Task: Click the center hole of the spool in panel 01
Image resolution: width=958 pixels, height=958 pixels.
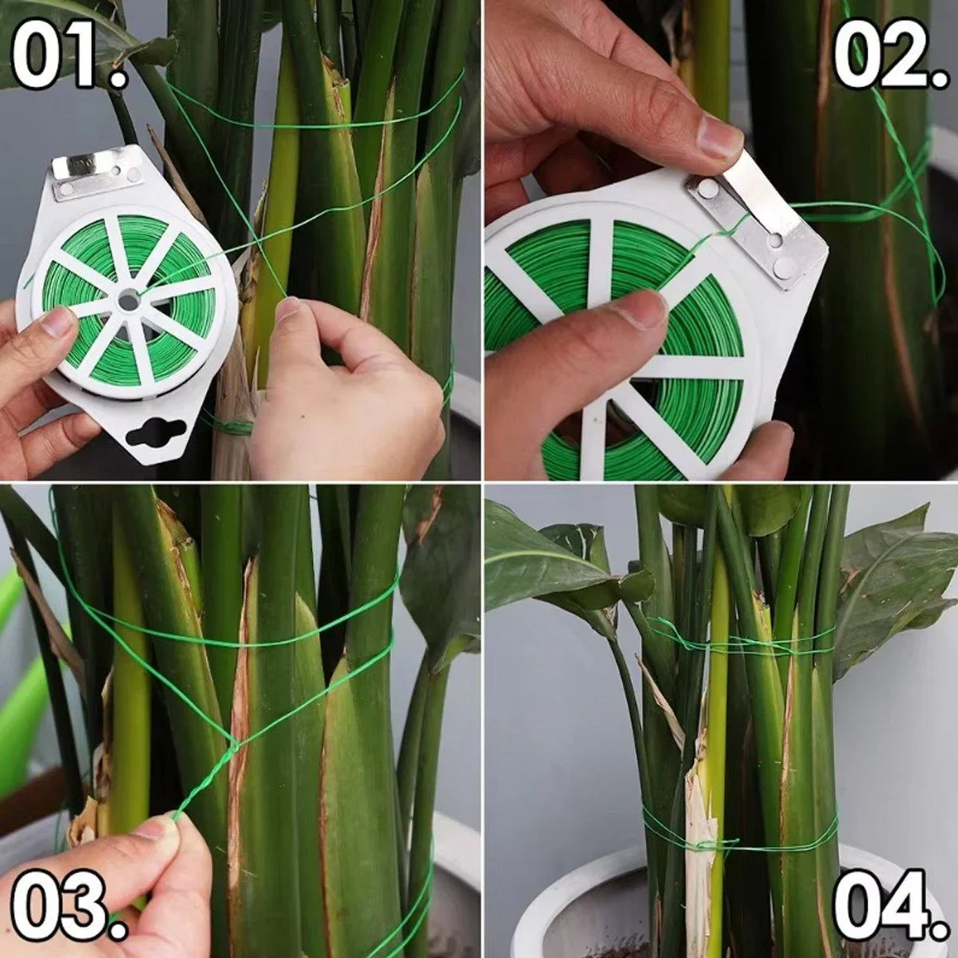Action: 129,300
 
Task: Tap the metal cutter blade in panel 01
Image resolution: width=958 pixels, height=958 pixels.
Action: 98,171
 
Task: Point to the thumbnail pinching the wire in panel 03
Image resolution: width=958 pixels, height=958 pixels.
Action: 160,827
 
